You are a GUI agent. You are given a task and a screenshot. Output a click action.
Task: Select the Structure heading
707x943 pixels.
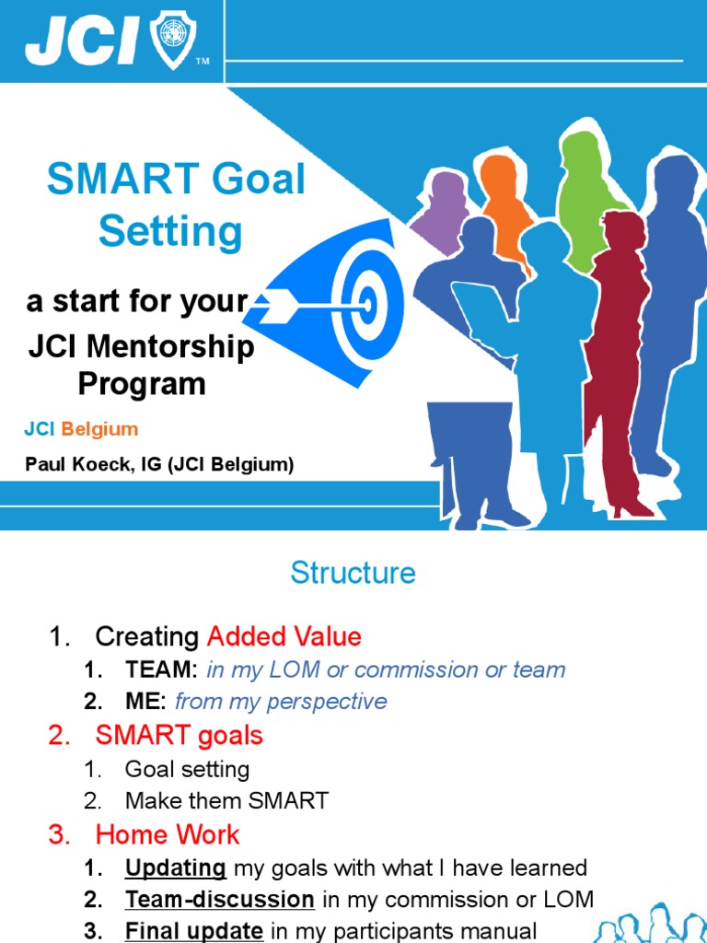click(353, 573)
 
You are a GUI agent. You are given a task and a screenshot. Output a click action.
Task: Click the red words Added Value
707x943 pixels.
click(284, 636)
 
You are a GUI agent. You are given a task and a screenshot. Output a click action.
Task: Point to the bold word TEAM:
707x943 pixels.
click(162, 669)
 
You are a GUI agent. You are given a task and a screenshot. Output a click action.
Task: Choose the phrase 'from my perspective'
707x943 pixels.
click(281, 702)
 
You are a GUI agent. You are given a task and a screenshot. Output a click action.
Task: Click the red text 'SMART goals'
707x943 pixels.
click(179, 735)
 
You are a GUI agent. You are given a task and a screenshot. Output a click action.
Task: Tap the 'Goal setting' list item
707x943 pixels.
click(187, 768)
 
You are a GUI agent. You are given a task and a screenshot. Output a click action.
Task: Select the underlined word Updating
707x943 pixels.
click(176, 867)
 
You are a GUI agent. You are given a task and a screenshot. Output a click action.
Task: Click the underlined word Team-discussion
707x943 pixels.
click(220, 900)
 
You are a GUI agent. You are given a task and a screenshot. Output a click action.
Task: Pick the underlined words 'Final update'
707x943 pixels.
click(193, 931)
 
